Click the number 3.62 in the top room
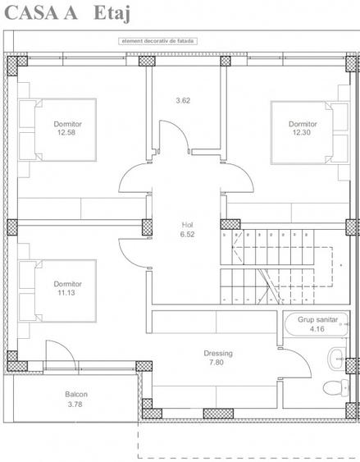183,101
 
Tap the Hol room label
187,224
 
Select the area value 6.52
187,234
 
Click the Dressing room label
218,354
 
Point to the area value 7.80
217,363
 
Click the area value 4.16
317,330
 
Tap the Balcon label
76,395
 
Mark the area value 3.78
75,404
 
